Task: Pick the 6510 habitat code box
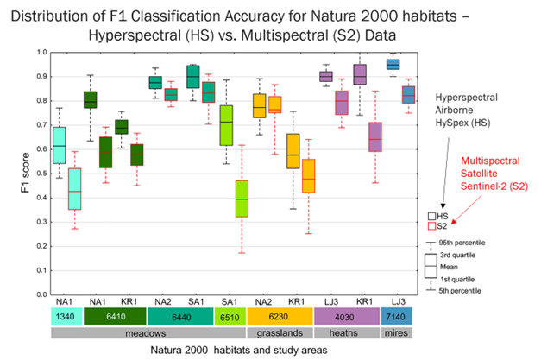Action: pyautogui.click(x=226, y=317)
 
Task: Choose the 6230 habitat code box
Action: pyautogui.click(x=277, y=317)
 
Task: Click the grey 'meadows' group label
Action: pyautogui.click(x=147, y=332)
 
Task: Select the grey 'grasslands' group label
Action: pyautogui.click(x=277, y=332)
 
